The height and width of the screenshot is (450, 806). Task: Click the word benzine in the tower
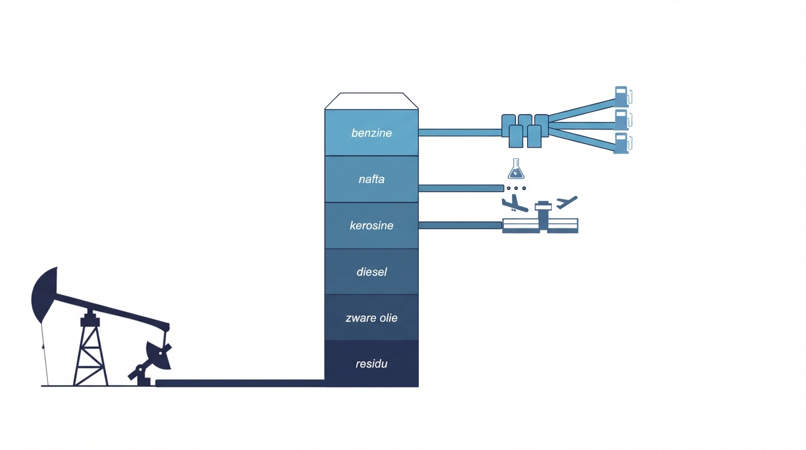coord(371,133)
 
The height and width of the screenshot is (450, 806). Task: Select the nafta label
coord(371,179)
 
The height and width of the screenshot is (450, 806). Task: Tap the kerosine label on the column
coord(371,226)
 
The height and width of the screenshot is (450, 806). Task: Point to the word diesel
coord(371,272)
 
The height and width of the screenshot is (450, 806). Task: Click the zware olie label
coord(371,318)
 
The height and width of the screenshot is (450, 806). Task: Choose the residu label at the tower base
coord(371,364)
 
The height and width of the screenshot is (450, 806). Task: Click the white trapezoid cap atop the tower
coord(371,101)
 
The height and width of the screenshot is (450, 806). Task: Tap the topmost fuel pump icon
coord(621,97)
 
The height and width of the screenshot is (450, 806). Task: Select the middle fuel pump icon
coord(621,120)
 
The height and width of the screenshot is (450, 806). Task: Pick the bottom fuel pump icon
coord(621,143)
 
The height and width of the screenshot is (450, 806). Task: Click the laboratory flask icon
coord(515,169)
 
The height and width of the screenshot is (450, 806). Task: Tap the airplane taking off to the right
coord(566,203)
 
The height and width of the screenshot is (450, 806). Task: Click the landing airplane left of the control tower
coord(514,203)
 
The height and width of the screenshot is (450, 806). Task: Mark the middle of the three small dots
coord(516,188)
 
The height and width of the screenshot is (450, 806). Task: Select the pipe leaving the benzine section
coord(460,132)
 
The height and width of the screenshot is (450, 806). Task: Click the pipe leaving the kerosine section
coord(460,225)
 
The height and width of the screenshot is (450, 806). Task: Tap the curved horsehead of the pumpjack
coord(44,295)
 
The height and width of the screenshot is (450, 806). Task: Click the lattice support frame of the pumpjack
coord(90,354)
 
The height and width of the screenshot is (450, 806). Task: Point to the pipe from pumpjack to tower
coord(240,383)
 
